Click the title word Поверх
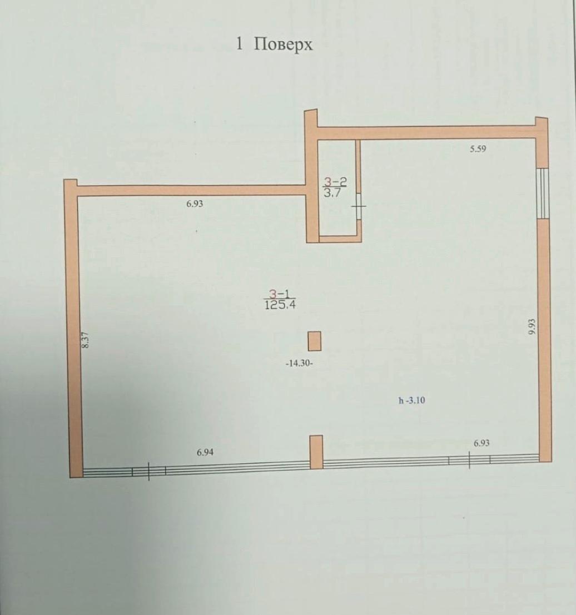284,44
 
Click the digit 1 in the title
240,44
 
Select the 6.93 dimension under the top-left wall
195,204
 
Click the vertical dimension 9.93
532,326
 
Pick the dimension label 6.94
205,452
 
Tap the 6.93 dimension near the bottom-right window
481,443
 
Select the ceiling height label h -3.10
411,400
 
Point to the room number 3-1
279,294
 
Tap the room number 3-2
335,181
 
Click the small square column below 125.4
315,341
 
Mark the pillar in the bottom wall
316,452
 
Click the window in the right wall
544,192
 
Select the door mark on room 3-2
359,206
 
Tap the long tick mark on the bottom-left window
149,471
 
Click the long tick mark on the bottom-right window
469,460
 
